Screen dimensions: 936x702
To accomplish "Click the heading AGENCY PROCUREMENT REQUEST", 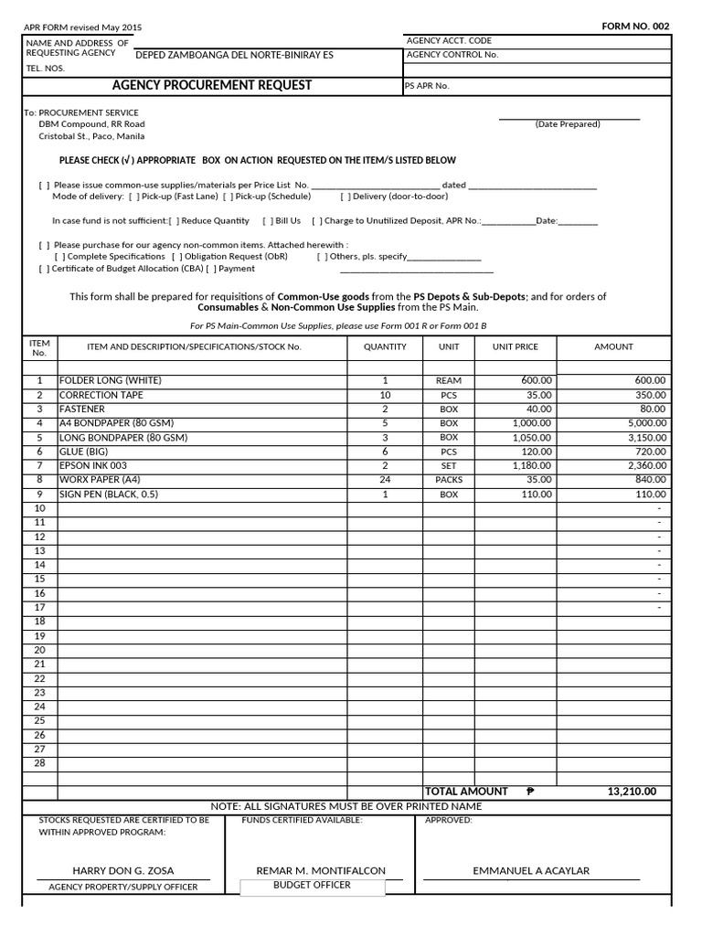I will tap(211, 85).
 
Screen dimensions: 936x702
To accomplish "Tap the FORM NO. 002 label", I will tap(635, 27).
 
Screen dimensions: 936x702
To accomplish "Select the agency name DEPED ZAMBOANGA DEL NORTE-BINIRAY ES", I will tap(234, 55).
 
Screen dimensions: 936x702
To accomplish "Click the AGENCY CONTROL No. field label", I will tap(452, 55).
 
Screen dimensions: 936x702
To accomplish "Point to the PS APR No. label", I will tap(427, 86).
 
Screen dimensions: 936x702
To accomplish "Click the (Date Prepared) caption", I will tap(568, 124).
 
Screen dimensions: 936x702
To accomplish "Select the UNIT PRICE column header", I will tap(516, 347).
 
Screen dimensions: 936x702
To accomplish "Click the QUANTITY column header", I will tap(385, 347).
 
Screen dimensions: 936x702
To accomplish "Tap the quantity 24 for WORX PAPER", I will tap(385, 480).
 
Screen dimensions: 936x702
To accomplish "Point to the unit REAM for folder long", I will tap(449, 380).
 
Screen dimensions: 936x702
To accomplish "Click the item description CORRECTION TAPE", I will tap(101, 395).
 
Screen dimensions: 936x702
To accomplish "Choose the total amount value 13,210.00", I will tap(631, 792).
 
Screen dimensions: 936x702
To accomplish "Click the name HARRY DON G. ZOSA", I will tap(123, 871).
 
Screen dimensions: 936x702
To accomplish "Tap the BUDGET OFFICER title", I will tap(312, 886).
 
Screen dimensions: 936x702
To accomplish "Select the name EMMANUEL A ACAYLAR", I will tap(530, 871).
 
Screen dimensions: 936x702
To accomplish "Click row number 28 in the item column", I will tap(39, 763).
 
